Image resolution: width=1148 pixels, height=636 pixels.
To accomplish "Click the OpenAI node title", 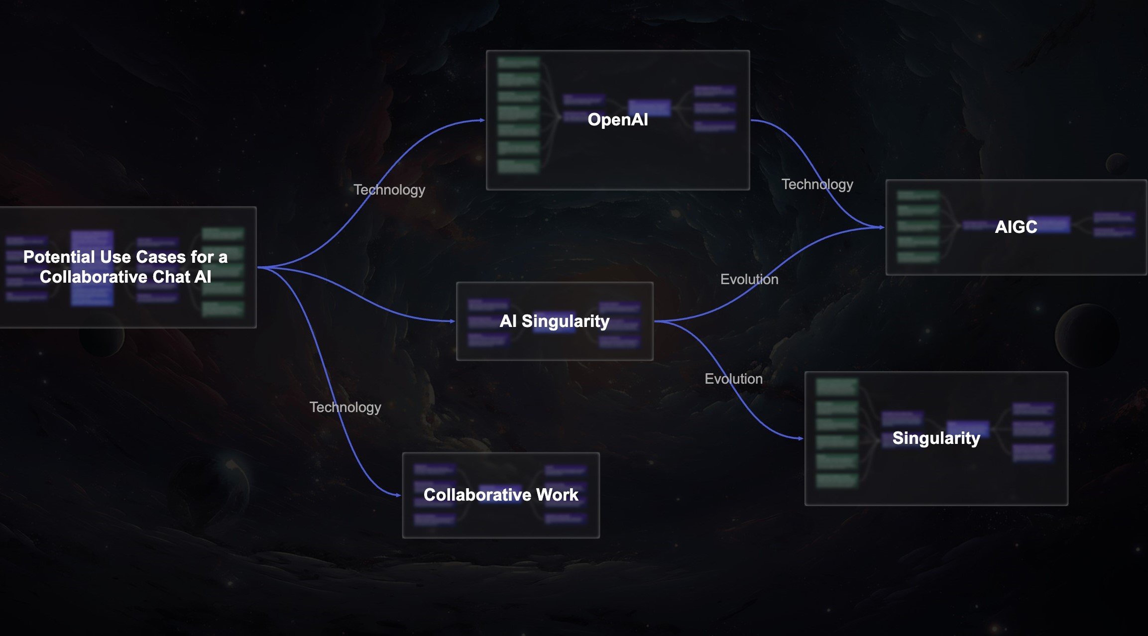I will [x=617, y=120].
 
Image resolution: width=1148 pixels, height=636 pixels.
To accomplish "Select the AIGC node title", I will [x=1016, y=227].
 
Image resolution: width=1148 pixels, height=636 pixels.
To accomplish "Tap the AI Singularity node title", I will [x=554, y=321].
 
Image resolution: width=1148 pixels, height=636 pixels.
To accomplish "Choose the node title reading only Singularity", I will [x=936, y=438].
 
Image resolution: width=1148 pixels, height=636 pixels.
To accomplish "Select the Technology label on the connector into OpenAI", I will [x=389, y=190].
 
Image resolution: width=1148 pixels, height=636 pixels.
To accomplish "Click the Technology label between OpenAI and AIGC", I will [x=817, y=185].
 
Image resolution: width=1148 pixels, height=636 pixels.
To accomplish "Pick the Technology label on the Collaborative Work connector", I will [x=345, y=408].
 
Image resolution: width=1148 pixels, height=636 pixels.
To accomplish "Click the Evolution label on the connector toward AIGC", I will [x=749, y=280].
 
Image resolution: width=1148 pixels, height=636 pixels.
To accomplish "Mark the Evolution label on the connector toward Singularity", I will [x=733, y=379].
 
